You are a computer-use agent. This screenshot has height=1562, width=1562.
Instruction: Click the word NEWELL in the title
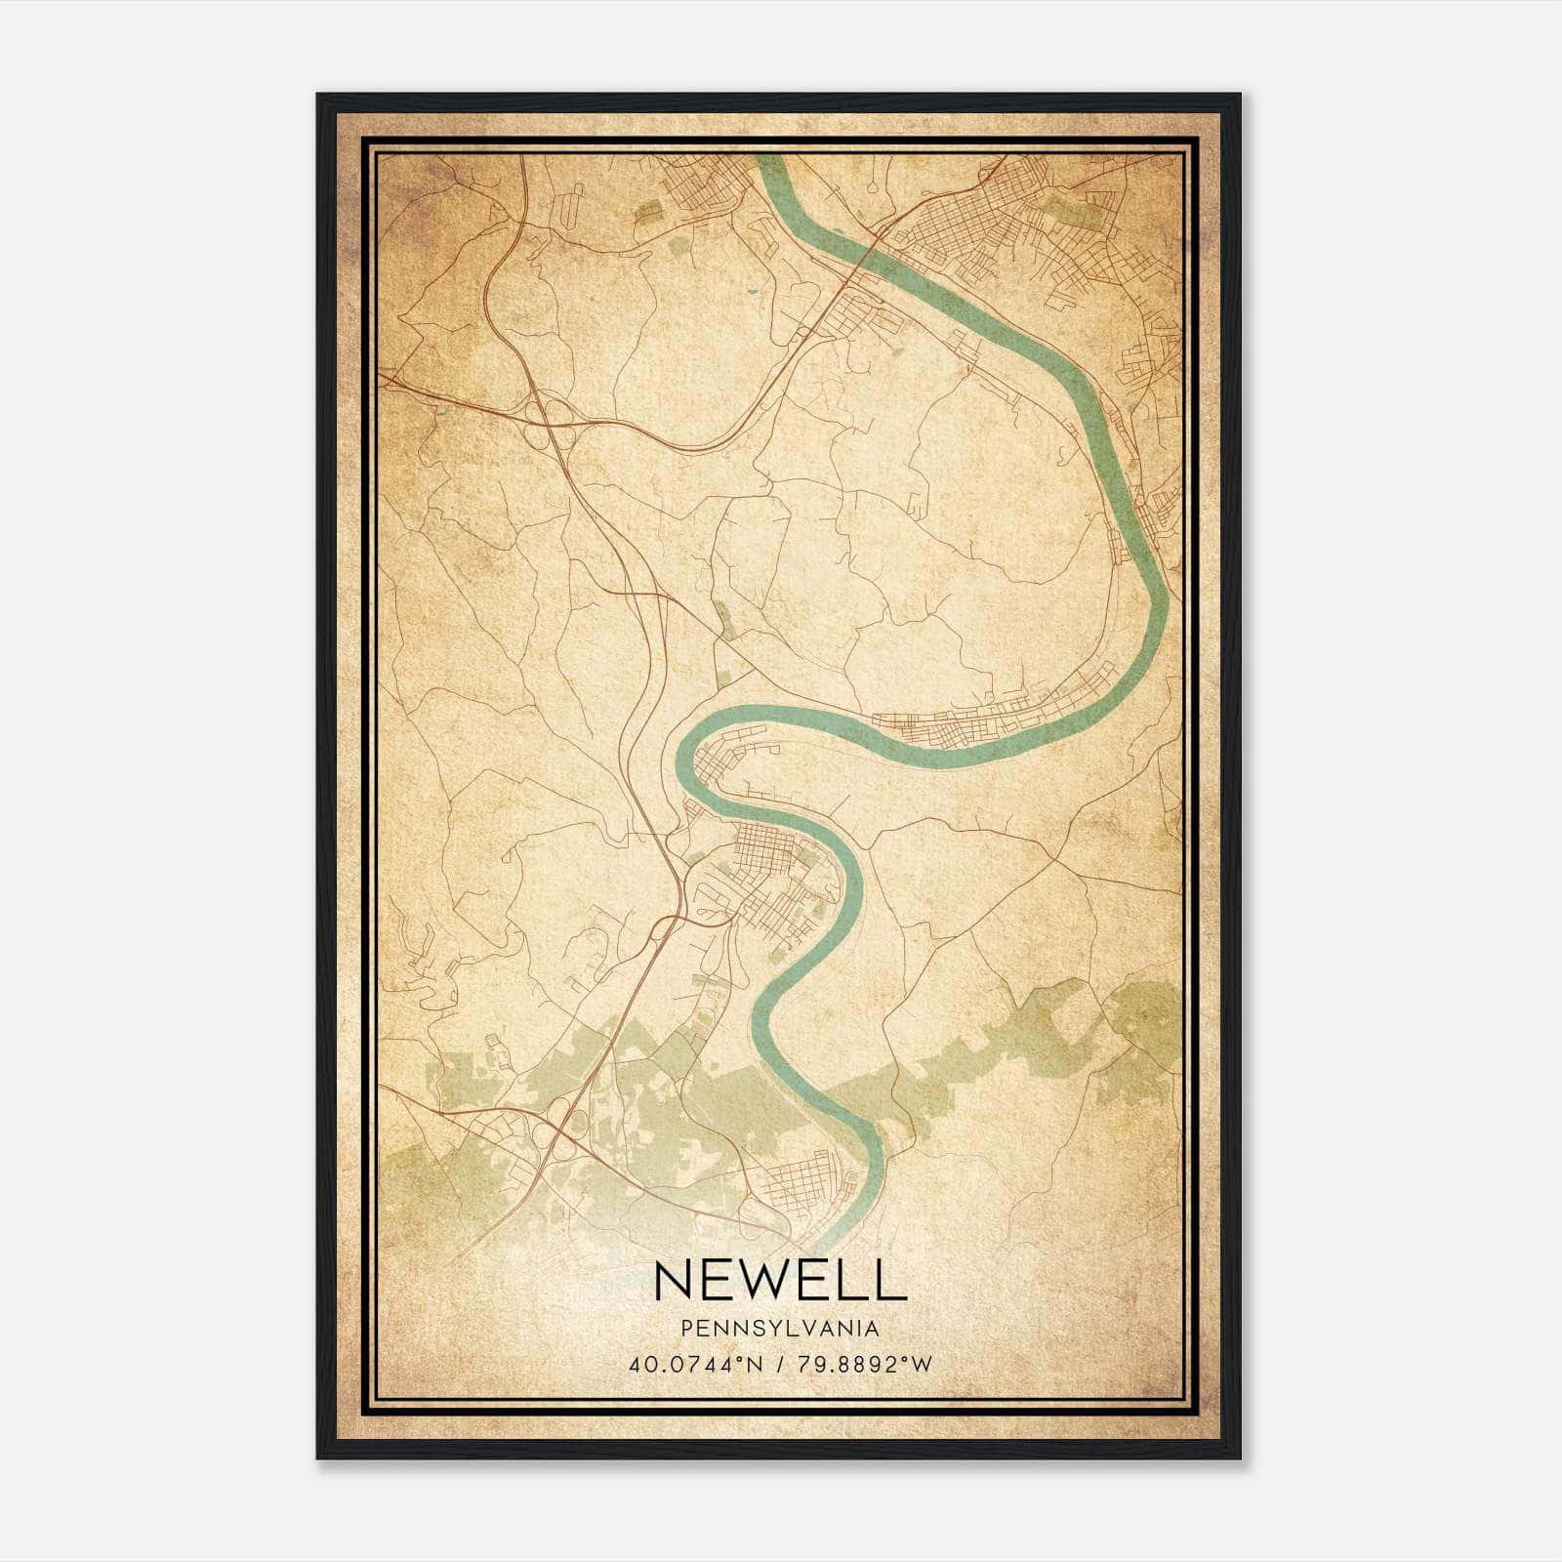point(780,1280)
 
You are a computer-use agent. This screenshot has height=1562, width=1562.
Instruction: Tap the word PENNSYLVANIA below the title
point(780,1329)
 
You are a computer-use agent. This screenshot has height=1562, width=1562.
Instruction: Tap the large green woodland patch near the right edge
point(1147,1020)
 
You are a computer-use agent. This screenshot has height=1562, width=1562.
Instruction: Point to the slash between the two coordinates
point(780,1365)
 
